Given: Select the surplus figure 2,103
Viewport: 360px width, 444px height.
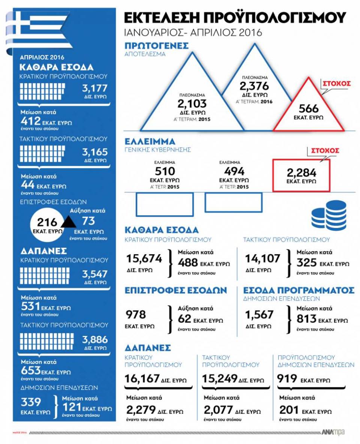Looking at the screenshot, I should [x=192, y=103].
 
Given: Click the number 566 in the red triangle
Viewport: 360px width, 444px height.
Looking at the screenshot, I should [x=309, y=109].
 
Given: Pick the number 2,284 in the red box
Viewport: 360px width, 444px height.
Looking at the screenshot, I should [x=301, y=172].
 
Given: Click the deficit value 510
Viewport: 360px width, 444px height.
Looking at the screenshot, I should [x=165, y=171].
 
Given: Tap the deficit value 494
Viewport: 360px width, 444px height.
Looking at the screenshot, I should [x=234, y=171].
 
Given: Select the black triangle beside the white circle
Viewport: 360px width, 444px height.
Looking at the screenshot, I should [x=68, y=222].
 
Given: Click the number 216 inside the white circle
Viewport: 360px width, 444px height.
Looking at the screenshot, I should [x=47, y=222].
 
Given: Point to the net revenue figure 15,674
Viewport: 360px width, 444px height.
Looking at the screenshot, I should [x=144, y=258].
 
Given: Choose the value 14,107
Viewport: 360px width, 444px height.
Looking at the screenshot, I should [x=262, y=258].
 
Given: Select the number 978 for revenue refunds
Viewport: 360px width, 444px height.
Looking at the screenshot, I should [x=136, y=315].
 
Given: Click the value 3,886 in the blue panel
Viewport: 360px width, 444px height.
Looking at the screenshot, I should [x=95, y=340].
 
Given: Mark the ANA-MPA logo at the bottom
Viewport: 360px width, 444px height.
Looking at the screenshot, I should [x=333, y=432].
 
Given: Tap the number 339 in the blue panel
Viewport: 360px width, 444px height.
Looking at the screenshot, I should [x=31, y=402].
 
